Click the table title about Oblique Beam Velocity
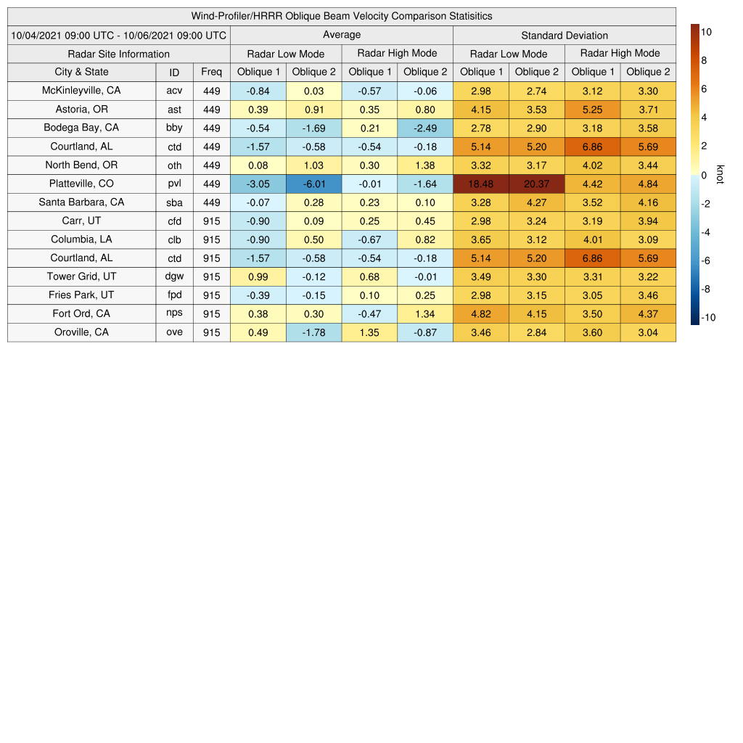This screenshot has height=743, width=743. [342, 16]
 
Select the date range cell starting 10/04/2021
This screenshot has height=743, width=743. [119, 35]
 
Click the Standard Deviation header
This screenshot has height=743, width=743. [565, 35]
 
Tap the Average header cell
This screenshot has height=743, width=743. [342, 35]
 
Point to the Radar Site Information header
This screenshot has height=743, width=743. [119, 54]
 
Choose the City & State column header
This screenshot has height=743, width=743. [81, 72]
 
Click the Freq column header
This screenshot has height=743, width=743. [212, 72]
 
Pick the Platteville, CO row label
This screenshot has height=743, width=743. [81, 184]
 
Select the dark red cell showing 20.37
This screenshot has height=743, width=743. [537, 184]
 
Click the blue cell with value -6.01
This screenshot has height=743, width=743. [314, 184]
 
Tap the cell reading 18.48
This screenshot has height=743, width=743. [481, 184]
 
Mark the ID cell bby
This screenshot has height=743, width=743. [174, 128]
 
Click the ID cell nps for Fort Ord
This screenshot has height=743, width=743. [174, 313]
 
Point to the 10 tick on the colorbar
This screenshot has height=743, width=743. [706, 32]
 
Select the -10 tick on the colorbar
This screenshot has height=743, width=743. [707, 318]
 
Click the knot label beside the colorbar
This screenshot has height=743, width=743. [720, 175]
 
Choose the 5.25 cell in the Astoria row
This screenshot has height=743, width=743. [593, 110]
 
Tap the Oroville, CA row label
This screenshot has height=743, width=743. [81, 332]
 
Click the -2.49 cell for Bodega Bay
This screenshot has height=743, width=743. [425, 128]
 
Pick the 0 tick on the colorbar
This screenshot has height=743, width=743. [704, 175]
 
